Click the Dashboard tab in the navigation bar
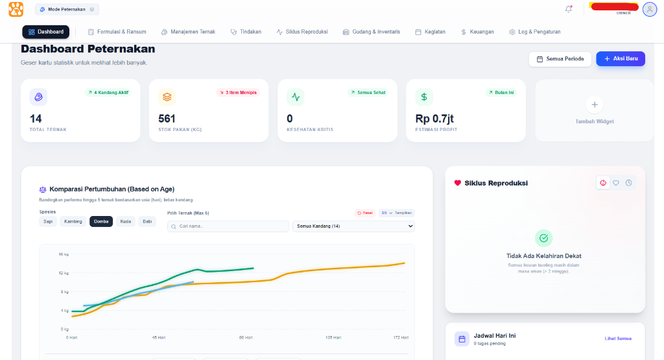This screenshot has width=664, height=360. tap(45, 32)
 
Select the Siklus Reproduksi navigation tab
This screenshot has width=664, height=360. tap(302, 32)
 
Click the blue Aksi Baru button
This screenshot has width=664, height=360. tap(621, 59)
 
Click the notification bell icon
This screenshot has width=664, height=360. tap(569, 9)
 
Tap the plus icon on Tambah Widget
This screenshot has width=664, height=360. tap(595, 104)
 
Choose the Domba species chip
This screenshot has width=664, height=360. tap(101, 221)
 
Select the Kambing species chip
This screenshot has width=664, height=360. tap(73, 221)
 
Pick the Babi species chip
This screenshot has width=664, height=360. tap(147, 221)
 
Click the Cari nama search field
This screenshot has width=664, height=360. tap(228, 226)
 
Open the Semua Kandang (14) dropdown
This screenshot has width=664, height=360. tap(353, 226)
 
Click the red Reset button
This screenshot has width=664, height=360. tap(365, 213)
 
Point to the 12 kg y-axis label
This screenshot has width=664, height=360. tap(64, 272)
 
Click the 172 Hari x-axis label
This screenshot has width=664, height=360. tap(401, 337)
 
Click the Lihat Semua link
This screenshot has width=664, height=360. tap(618, 339)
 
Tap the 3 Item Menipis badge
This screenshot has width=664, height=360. tap(238, 93)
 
